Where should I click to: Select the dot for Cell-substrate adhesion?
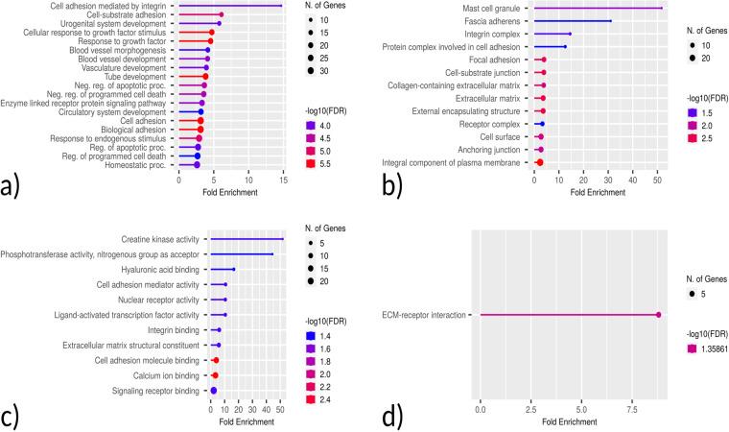click(x=221, y=15)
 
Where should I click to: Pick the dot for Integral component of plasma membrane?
click(x=539, y=163)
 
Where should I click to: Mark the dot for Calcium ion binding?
click(x=215, y=375)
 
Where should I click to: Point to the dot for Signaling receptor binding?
click(x=213, y=391)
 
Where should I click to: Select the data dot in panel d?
click(x=659, y=315)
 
